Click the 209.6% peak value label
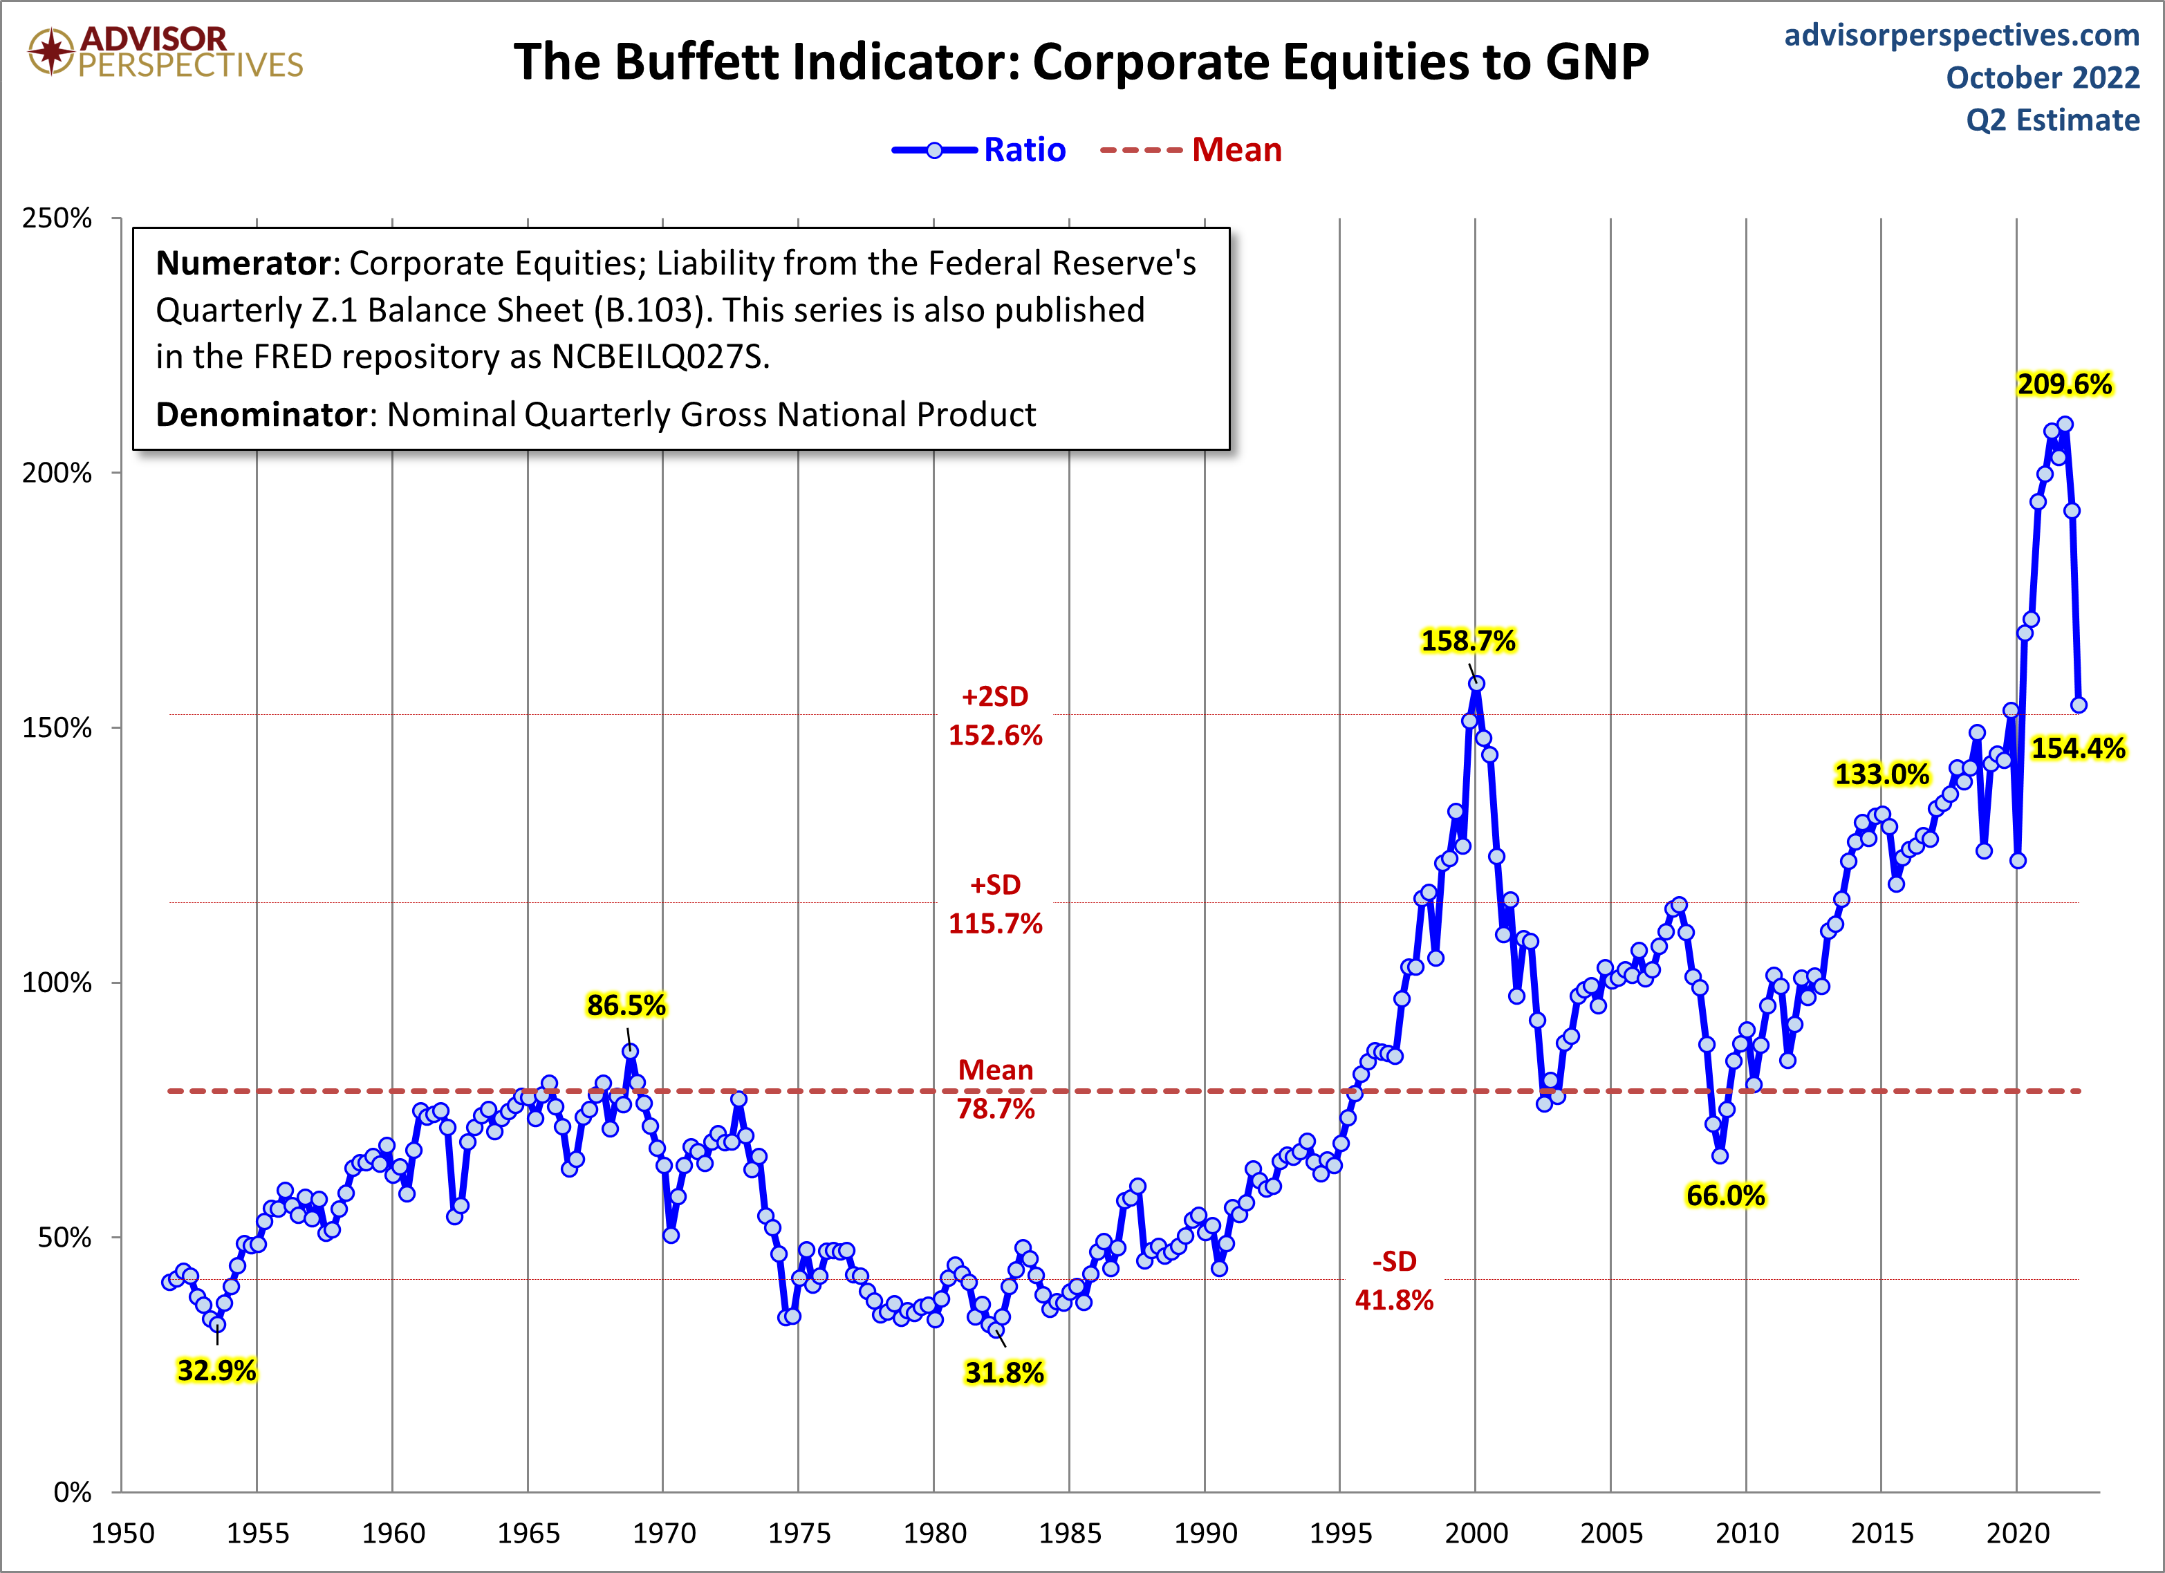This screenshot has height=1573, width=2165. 2064,384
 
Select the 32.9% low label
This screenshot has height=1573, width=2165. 216,1370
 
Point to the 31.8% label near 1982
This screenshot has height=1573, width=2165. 1004,1372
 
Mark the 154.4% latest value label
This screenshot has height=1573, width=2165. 2077,748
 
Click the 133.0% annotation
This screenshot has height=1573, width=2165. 1881,774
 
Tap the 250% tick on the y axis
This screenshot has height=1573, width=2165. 57,218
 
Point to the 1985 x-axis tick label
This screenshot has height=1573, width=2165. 1069,1534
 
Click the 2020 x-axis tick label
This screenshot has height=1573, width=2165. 2017,1534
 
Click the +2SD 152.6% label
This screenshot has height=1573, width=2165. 994,716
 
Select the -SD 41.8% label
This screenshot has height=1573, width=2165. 1394,1281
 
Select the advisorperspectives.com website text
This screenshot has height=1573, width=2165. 1962,35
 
